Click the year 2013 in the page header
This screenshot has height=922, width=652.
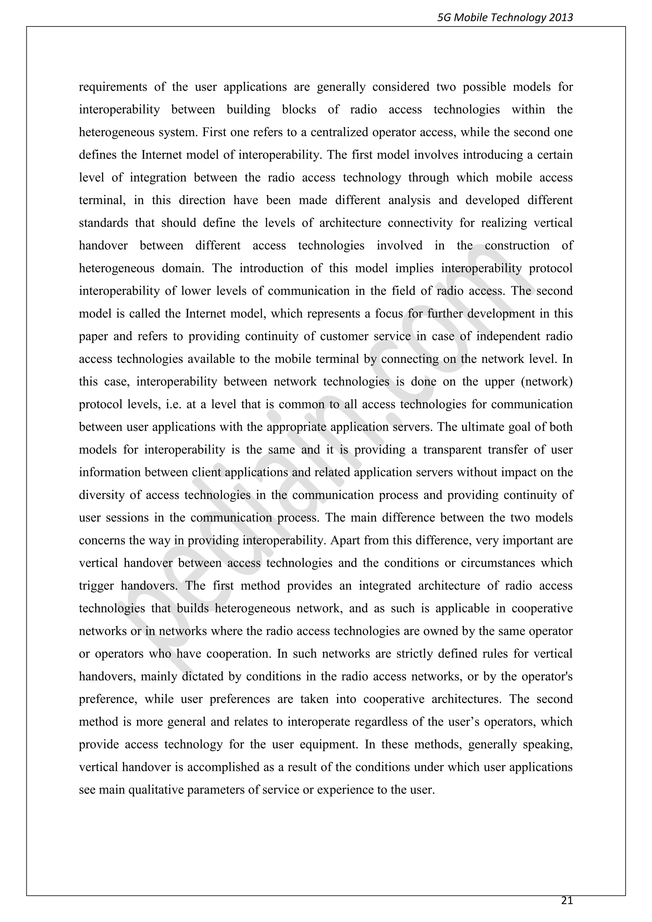click(x=560, y=17)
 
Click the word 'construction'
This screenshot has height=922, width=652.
click(x=517, y=246)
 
